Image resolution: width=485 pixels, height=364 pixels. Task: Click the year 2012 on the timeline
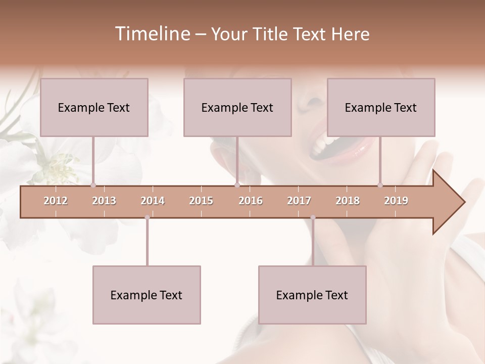tap(56, 201)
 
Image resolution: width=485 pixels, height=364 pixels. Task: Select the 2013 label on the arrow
tap(104, 201)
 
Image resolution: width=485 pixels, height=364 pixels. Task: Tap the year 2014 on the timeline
tap(153, 201)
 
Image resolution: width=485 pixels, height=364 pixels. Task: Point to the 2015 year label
tap(201, 201)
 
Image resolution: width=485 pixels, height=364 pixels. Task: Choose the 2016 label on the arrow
tap(251, 201)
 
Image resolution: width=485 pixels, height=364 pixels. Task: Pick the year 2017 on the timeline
tap(299, 201)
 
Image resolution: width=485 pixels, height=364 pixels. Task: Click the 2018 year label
tap(348, 201)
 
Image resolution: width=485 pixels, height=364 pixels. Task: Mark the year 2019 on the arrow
tap(396, 201)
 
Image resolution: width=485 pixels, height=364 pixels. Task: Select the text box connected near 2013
tap(94, 107)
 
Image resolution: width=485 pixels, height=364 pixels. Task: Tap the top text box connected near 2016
tap(237, 107)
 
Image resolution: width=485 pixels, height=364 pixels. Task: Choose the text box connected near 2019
tap(381, 107)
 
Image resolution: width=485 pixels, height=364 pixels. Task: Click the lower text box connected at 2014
tap(147, 295)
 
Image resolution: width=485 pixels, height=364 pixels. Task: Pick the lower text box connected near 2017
tap(312, 295)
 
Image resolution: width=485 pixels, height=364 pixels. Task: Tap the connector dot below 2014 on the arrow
tap(147, 217)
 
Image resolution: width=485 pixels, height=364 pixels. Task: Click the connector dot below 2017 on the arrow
tap(313, 217)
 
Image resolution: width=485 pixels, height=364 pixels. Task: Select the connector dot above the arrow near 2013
tap(93, 185)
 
